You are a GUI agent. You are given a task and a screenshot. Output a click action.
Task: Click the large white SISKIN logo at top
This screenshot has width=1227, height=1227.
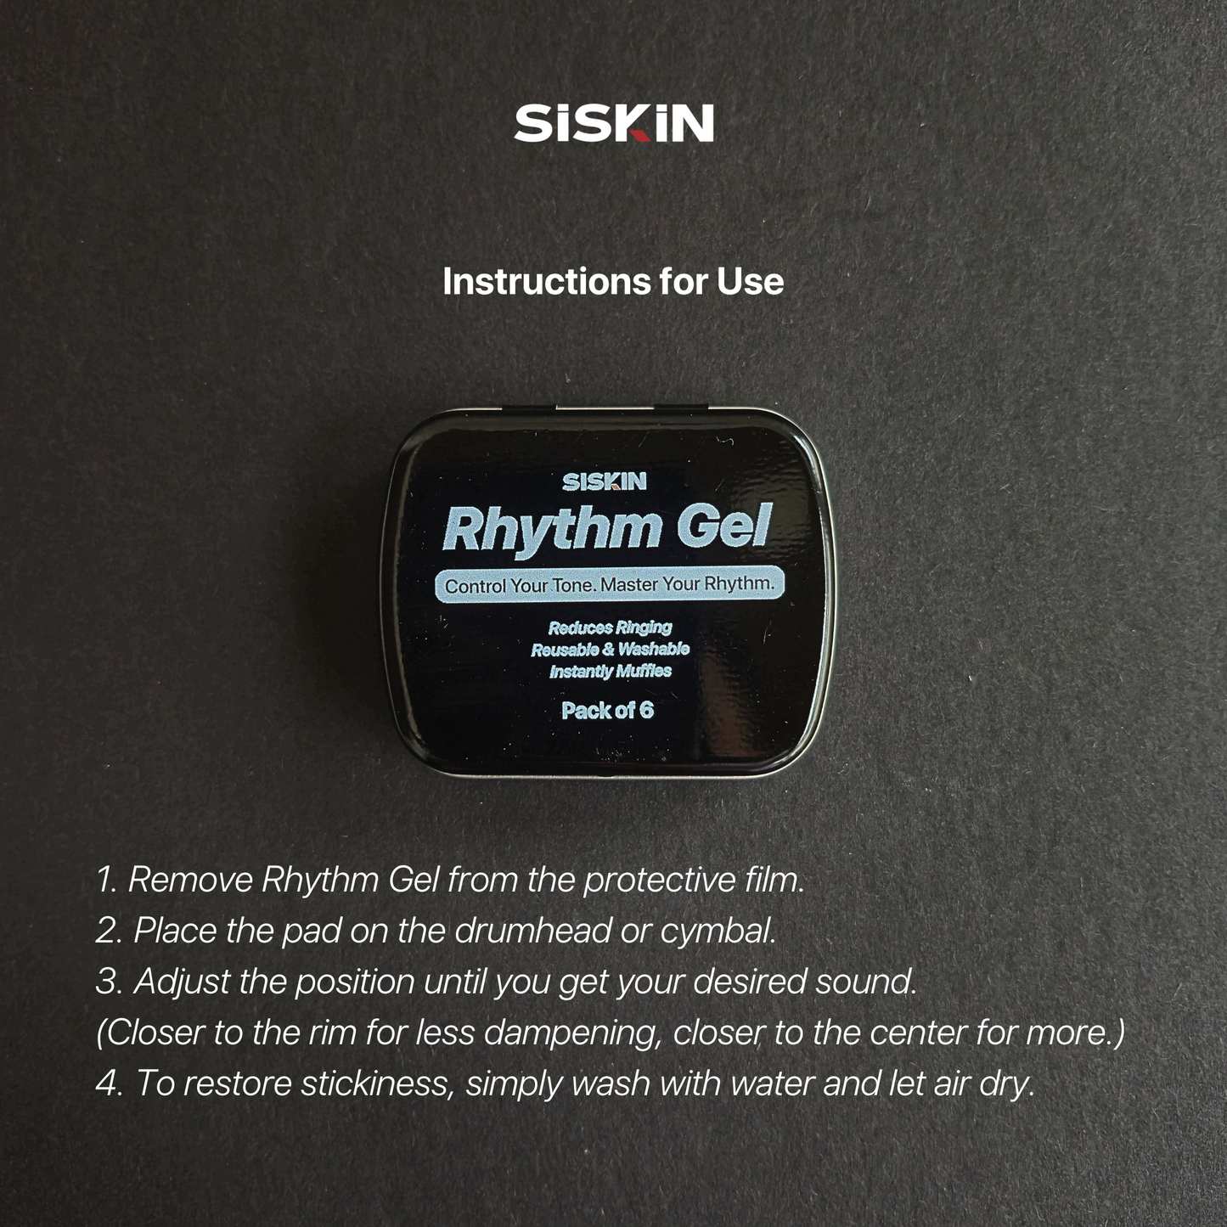point(613,123)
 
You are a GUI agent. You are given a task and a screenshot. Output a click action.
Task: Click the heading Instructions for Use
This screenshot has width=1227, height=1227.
point(613,281)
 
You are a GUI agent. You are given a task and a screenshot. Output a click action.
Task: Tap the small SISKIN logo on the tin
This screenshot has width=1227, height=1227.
point(605,482)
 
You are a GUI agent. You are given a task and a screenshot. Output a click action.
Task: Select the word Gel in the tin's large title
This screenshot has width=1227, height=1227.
point(724,526)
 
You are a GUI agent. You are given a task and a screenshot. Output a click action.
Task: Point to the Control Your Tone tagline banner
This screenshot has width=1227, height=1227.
point(610,584)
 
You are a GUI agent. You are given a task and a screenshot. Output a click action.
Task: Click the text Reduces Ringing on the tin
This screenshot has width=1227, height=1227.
point(610,628)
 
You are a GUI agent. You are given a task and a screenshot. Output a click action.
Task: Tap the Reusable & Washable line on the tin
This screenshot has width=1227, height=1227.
point(610,650)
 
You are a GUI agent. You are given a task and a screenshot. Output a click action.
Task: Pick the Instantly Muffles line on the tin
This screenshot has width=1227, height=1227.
point(610,671)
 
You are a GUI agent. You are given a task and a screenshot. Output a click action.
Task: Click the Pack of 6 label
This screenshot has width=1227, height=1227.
point(607,711)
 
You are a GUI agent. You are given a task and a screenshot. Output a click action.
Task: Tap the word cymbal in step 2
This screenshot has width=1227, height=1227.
point(718,933)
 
